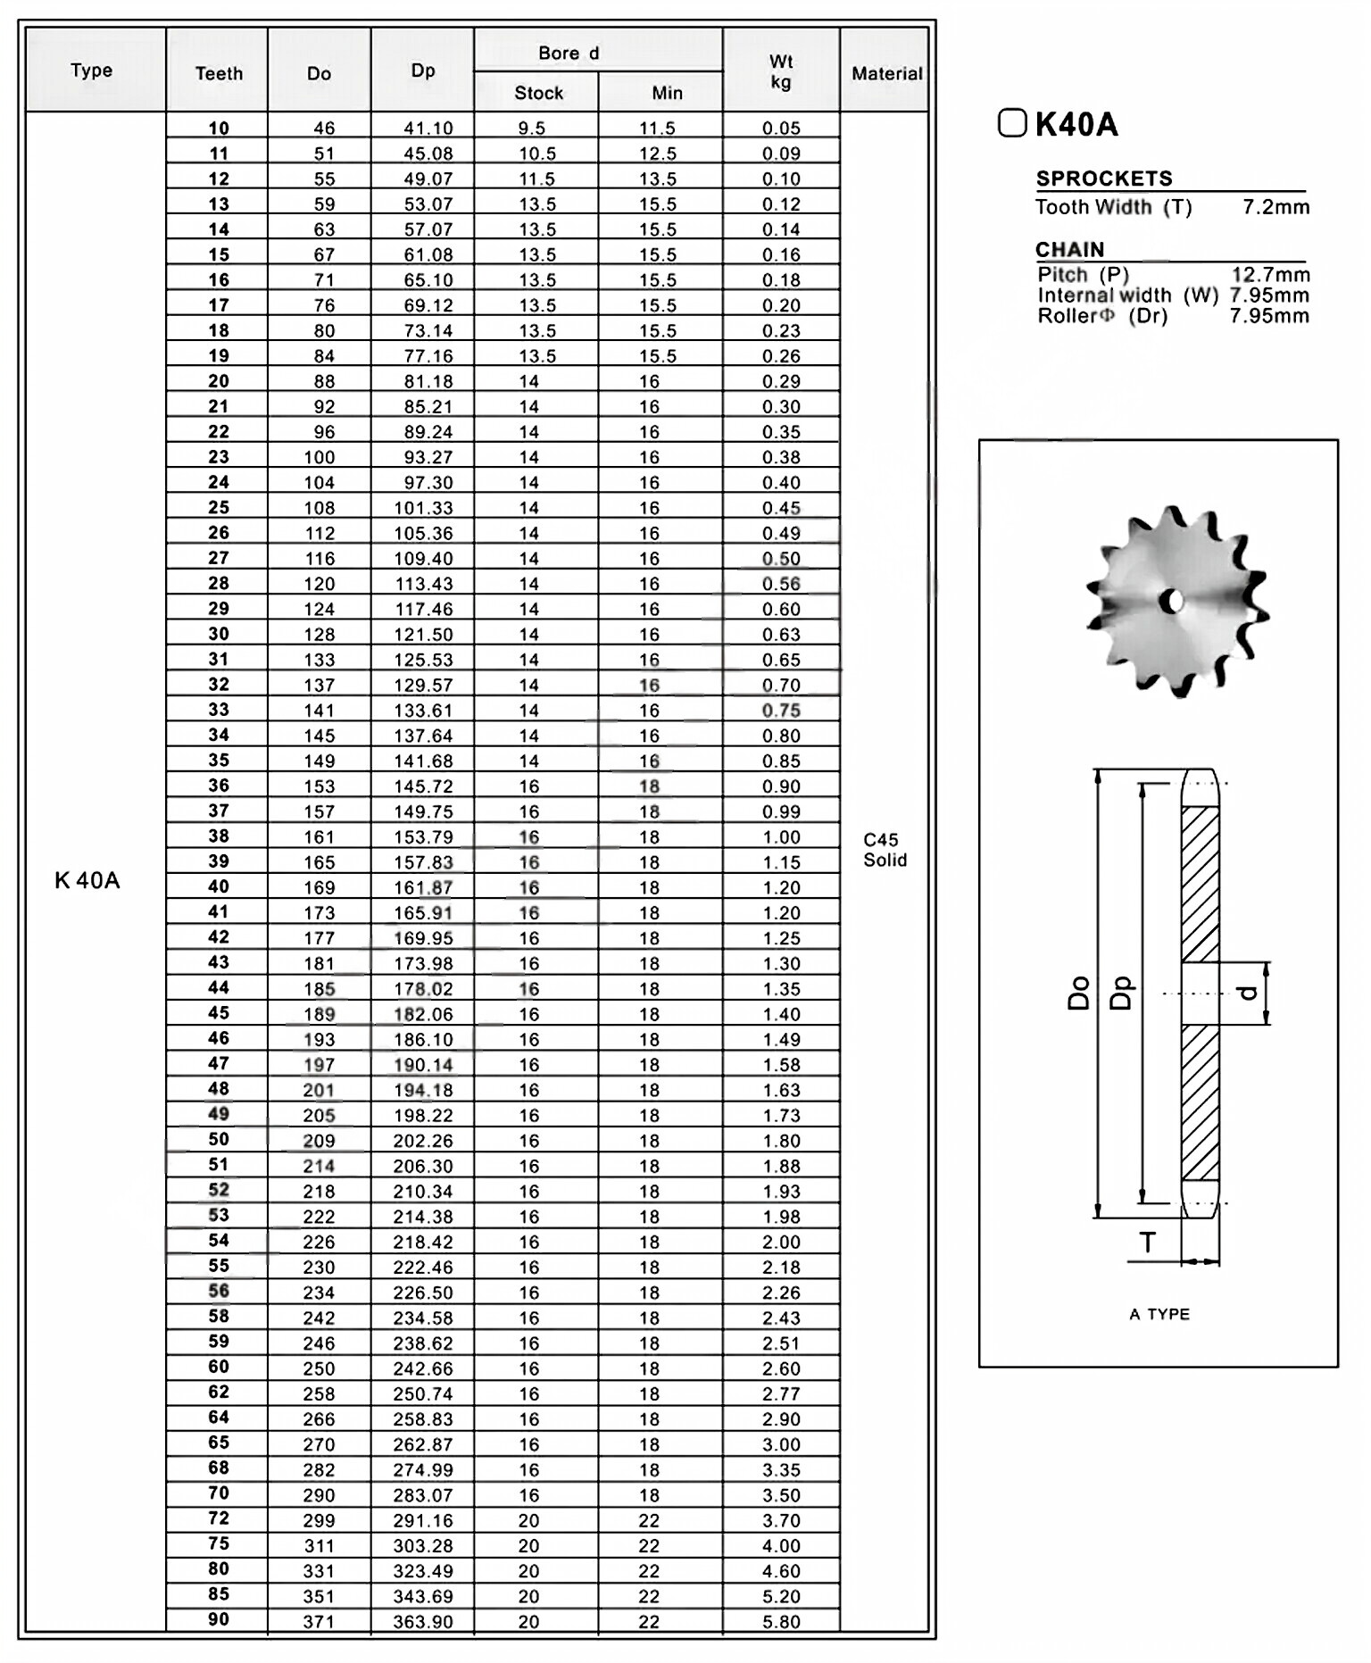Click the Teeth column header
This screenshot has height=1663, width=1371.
coord(219,73)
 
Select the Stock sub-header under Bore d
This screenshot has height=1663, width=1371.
coord(538,93)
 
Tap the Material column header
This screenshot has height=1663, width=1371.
coord(885,73)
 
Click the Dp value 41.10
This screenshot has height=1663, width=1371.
coord(428,128)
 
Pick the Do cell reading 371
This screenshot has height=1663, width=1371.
coord(319,1621)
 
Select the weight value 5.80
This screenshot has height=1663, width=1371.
coord(781,1621)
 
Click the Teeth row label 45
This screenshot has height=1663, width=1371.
coord(219,1013)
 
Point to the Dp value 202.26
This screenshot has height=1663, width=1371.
coord(423,1140)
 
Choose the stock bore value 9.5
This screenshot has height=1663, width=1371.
coord(532,128)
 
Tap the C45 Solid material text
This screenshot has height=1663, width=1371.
coord(885,850)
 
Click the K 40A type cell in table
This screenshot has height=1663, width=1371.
coord(87,880)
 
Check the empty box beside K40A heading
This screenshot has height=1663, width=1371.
coord(1011,122)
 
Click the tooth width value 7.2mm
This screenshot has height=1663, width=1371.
coord(1275,207)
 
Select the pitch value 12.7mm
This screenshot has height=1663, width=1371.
coord(1270,274)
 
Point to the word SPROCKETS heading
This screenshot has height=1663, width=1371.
coord(1104,179)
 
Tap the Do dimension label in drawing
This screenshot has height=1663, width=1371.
coord(1079,992)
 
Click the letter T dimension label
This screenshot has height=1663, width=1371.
coord(1148,1242)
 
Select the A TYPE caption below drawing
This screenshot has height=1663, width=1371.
coord(1159,1314)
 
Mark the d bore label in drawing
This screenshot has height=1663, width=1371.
coord(1250,992)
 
